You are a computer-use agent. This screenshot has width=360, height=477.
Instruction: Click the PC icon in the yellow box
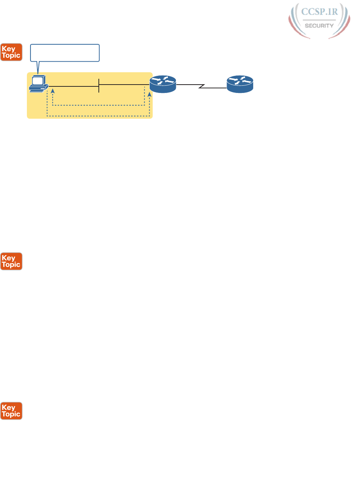(39, 84)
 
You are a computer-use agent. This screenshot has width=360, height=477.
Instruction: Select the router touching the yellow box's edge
(163, 84)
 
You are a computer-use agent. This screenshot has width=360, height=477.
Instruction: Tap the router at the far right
(240, 84)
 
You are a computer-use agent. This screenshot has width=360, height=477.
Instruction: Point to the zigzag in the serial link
(202, 87)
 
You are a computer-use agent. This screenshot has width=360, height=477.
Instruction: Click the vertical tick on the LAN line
(99, 86)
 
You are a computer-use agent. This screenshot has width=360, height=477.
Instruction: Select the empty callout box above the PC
(65, 53)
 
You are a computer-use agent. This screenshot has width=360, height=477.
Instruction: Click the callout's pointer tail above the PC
(38, 67)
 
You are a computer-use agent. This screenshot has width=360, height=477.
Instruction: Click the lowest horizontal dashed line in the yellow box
(98, 116)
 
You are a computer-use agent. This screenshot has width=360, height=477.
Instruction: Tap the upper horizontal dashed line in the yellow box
(98, 105)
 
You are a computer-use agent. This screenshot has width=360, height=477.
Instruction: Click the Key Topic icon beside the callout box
(11, 52)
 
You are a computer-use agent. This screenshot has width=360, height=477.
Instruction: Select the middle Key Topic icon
(11, 261)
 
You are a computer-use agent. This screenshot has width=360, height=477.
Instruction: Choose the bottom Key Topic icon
(11, 411)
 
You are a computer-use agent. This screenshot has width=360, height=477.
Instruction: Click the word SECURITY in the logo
(319, 26)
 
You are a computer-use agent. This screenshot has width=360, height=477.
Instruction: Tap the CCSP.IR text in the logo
(319, 12)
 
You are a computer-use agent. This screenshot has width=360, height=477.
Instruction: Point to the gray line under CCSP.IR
(319, 20)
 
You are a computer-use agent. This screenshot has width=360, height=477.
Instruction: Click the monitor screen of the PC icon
(37, 81)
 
